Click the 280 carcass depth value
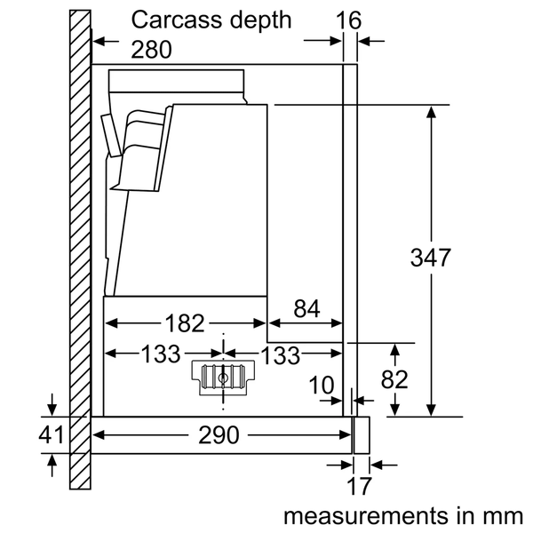(153, 50)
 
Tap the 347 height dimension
(431, 258)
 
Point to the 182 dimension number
(185, 323)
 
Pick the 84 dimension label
(306, 309)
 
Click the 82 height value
(394, 379)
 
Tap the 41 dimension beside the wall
(52, 436)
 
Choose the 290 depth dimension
(219, 435)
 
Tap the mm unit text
(505, 515)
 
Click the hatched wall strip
(80, 249)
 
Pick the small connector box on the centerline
(221, 377)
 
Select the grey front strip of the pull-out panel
(361, 435)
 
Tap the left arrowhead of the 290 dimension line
(99, 435)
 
